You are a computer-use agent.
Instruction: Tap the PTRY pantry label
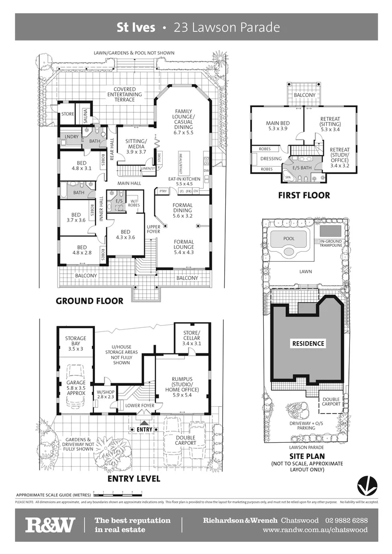tap(163, 191)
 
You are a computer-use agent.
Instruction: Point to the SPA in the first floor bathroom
tap(287, 178)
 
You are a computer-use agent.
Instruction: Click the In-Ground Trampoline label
tap(330, 243)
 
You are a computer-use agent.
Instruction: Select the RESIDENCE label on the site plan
tap(308, 343)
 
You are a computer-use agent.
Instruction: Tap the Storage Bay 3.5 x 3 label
tap(75, 343)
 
